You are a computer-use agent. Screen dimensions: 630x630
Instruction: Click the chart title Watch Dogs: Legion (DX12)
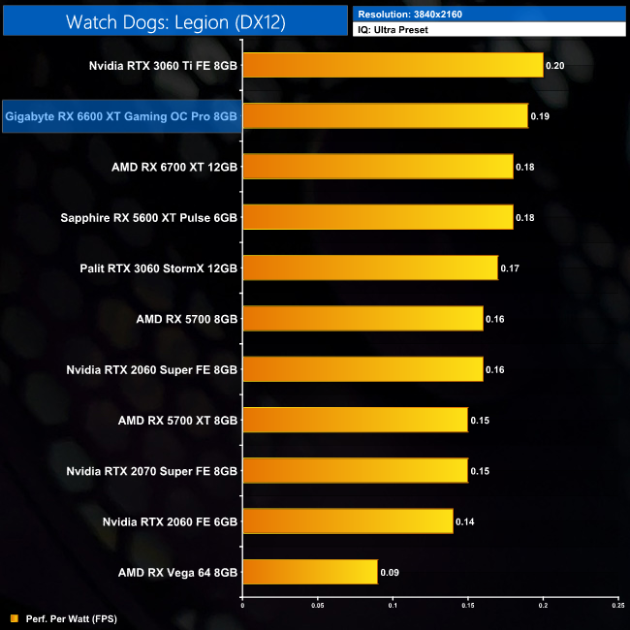[174, 21]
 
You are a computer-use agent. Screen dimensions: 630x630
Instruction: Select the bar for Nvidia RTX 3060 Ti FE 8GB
[393, 66]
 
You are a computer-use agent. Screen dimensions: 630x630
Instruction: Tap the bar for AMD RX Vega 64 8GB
[309, 572]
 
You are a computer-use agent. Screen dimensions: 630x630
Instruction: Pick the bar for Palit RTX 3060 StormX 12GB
[369, 268]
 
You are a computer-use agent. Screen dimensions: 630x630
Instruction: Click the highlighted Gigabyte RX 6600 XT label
[121, 116]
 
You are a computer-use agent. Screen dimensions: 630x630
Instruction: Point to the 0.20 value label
[554, 66]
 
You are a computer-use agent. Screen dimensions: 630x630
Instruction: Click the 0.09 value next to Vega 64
[389, 572]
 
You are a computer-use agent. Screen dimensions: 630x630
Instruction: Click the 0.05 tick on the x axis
[317, 607]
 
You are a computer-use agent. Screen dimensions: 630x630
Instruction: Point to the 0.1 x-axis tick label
[393, 607]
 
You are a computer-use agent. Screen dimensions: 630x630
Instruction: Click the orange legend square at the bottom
[13, 617]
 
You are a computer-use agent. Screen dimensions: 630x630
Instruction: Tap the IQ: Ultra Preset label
[393, 30]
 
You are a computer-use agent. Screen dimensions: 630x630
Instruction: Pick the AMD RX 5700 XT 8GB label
[177, 420]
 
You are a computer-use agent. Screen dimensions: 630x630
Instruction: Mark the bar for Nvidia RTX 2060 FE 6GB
[347, 521]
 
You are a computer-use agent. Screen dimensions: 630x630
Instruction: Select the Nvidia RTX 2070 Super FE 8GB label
[151, 470]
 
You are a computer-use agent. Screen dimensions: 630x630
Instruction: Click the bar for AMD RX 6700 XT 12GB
[377, 167]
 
